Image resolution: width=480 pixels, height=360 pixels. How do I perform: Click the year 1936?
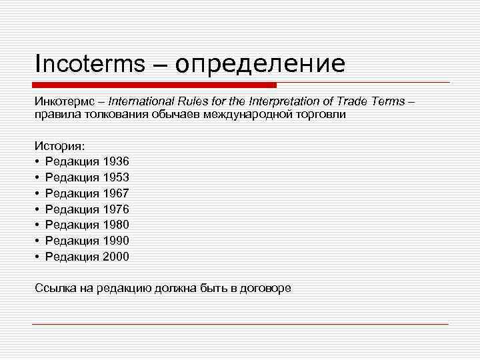coord(116,161)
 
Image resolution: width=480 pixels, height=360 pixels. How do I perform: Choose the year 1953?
coord(116,177)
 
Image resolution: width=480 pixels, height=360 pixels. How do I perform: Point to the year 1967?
coord(116,193)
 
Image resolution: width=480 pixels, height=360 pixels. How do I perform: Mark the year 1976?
coord(116,209)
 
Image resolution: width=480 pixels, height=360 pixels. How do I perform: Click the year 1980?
coord(116,225)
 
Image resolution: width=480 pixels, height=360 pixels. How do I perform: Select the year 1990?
coord(116,241)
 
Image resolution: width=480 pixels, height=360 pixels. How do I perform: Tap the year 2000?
coord(116,257)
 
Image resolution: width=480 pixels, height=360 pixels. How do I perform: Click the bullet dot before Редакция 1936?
coord(38,162)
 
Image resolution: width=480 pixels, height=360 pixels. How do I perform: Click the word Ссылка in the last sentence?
coord(54,288)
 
